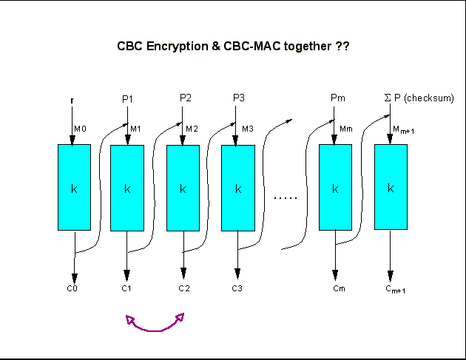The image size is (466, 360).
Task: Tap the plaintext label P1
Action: click(126, 98)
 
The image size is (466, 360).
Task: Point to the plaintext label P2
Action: click(186, 98)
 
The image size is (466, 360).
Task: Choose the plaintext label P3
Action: click(238, 98)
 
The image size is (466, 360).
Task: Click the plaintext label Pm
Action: click(337, 98)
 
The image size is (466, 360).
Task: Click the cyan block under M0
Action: click(74, 187)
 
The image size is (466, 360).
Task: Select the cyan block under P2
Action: click(183, 187)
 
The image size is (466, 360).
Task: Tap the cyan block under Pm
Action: click(334, 187)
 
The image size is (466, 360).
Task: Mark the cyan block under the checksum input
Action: click(391, 187)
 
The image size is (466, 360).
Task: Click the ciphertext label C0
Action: click(72, 288)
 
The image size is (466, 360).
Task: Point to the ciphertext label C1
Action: click(126, 288)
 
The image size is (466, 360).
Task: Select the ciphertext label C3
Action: click(237, 288)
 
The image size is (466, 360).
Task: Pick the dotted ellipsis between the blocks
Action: click(286, 197)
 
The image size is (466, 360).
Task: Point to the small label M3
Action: click(248, 129)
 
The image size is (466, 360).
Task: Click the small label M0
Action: click(80, 129)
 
